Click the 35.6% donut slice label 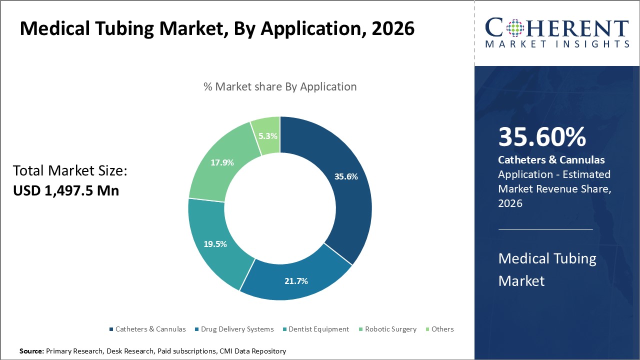(x=346, y=176)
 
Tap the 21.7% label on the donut (x=296, y=281)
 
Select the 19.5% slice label (x=215, y=244)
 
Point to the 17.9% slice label (x=222, y=162)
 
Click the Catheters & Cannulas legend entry (x=150, y=329)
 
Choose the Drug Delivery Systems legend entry (x=237, y=329)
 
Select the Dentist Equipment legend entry (x=318, y=329)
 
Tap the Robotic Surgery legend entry (x=390, y=329)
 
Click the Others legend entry (x=442, y=329)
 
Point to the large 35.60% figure (x=542, y=137)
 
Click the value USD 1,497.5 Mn (x=66, y=190)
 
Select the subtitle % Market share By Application (x=280, y=86)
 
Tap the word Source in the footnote (x=31, y=351)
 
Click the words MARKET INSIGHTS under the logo (x=557, y=44)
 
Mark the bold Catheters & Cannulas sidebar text (x=551, y=160)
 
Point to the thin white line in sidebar (x=545, y=229)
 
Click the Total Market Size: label (x=70, y=171)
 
